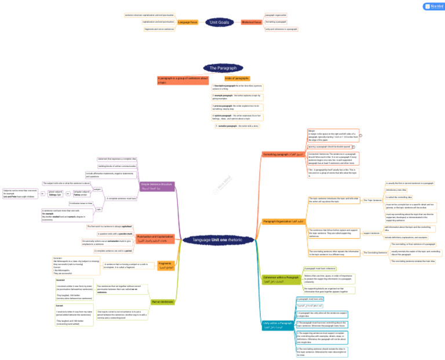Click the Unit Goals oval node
(220, 22)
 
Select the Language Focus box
(188, 22)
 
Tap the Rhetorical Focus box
(251, 22)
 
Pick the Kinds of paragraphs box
(237, 78)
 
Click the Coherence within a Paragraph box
(281, 279)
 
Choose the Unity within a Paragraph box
(278, 325)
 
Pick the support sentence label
(371, 233)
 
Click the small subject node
(97, 189)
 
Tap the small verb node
(97, 209)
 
